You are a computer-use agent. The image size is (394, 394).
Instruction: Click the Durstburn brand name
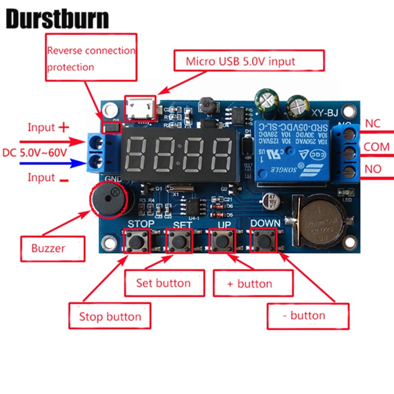pyautogui.click(x=57, y=18)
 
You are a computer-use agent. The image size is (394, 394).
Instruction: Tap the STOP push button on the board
pyautogui.click(x=134, y=241)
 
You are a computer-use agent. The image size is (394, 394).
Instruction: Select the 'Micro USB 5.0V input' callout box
pyautogui.click(x=249, y=62)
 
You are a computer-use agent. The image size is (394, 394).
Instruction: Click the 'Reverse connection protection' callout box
pyautogui.click(x=91, y=57)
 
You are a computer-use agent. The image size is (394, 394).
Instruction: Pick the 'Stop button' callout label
pyautogui.click(x=109, y=316)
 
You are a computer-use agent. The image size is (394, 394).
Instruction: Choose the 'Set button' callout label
pyautogui.click(x=164, y=283)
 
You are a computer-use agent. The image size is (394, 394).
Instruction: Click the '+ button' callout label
pyautogui.click(x=249, y=284)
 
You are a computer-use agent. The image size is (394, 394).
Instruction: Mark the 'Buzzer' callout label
pyautogui.click(x=53, y=248)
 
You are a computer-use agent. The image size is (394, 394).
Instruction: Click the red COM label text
pyautogui.click(x=376, y=147)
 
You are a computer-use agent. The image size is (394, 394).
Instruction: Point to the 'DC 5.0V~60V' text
pyautogui.click(x=34, y=152)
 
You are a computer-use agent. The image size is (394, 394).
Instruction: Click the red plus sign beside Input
pyautogui.click(x=64, y=128)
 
